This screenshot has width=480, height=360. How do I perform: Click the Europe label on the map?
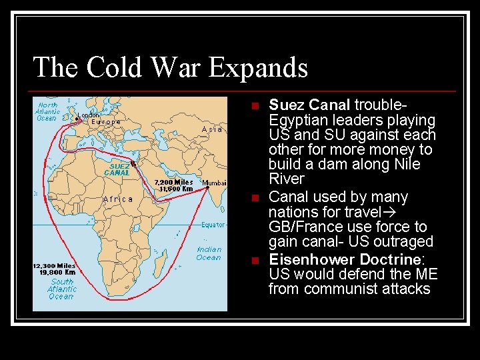pyautogui.click(x=106, y=122)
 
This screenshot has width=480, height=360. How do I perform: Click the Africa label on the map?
pyautogui.click(x=118, y=199)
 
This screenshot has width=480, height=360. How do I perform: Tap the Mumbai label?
pyautogui.click(x=214, y=183)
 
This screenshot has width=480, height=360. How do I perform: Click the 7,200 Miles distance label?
pyautogui.click(x=174, y=182)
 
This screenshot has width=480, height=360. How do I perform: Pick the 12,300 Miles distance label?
pyautogui.click(x=54, y=266)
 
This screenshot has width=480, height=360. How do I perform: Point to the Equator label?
pyautogui.click(x=213, y=225)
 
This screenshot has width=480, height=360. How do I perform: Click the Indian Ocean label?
pyautogui.click(x=209, y=253)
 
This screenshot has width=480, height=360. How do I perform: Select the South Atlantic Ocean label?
pyautogui.click(x=61, y=289)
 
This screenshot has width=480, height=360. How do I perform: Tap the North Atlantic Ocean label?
pyautogui.click(x=47, y=111)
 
